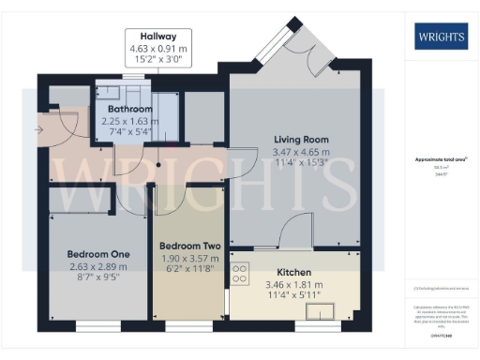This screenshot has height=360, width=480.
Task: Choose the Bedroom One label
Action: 97,254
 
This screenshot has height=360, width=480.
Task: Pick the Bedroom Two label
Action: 189,247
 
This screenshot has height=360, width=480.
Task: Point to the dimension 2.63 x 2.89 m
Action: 97,265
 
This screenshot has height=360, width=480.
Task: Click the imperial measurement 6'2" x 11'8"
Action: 189,269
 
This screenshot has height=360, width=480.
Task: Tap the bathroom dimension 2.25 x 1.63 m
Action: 130,120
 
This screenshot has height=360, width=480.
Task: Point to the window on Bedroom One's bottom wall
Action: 97,327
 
